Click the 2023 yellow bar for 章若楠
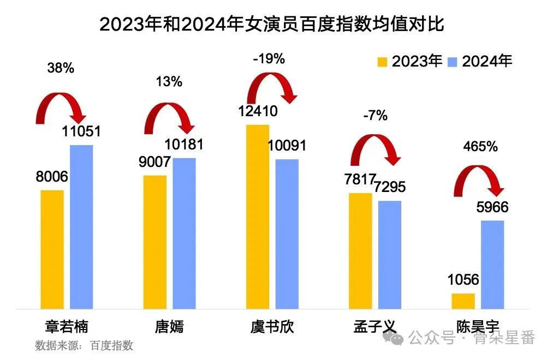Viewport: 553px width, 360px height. click(x=52, y=249)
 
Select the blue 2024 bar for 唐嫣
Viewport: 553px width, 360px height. click(x=184, y=233)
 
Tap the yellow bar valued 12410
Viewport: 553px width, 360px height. click(x=258, y=217)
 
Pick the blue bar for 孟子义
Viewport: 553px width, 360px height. click(x=390, y=255)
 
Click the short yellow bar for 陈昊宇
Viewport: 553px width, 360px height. click(x=463, y=301)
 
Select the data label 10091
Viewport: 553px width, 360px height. click(x=287, y=146)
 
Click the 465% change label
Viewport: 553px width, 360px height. click(x=480, y=147)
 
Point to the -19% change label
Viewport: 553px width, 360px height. click(x=269, y=59)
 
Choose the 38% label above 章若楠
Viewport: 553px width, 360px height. click(x=61, y=69)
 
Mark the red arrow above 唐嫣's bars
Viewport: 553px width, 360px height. click(x=169, y=117)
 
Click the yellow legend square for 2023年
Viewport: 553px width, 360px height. click(x=382, y=62)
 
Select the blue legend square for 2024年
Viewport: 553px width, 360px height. click(x=453, y=62)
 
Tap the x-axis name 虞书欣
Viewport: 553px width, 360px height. click(x=272, y=327)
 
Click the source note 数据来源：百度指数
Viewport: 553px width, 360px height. click(x=84, y=345)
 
